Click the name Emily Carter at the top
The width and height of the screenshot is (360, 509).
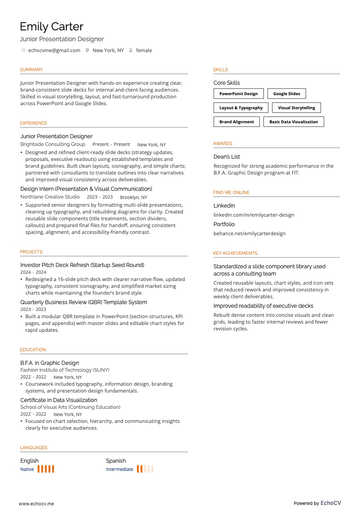pyautogui.click(x=51, y=26)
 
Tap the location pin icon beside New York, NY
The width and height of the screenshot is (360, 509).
pyautogui.click(x=87, y=50)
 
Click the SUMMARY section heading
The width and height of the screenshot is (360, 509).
pyautogui.click(x=31, y=70)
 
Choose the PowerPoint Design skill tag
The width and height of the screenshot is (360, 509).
pyautogui.click(x=238, y=94)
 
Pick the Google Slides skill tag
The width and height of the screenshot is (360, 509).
pyautogui.click(x=287, y=94)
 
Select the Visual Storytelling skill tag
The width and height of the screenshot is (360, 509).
pyautogui.click(x=297, y=108)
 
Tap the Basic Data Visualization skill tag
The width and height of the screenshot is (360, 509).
pyautogui.click(x=293, y=122)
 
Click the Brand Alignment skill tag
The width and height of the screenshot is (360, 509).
pyautogui.click(x=237, y=122)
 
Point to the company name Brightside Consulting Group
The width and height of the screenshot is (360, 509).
pyautogui.click(x=53, y=144)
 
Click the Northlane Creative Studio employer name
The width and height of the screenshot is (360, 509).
pyautogui.click(x=50, y=197)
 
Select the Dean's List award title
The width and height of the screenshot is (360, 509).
pyautogui.click(x=227, y=157)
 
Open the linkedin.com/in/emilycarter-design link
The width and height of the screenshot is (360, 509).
pyautogui.click(x=254, y=215)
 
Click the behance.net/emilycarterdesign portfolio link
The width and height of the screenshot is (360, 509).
pyautogui.click(x=249, y=233)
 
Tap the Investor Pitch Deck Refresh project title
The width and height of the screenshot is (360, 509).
pyautogui.click(x=82, y=265)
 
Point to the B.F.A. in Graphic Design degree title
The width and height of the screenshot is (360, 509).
pyautogui.click(x=49, y=363)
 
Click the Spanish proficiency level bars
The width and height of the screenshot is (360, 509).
pyautogui.click(x=145, y=469)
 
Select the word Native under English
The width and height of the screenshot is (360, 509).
pyautogui.click(x=27, y=469)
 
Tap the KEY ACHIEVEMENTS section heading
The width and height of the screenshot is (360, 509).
pyautogui.click(x=235, y=253)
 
